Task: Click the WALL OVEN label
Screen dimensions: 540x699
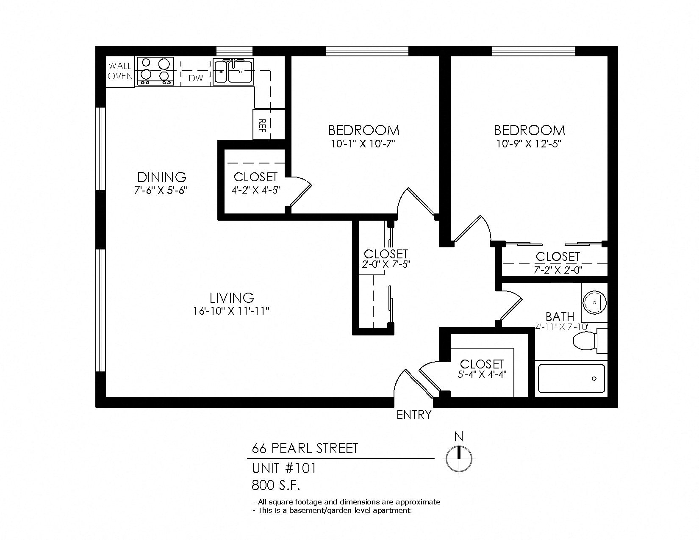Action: (120, 71)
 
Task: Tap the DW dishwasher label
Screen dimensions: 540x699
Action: (195, 78)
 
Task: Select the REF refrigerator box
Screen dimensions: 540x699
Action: (262, 124)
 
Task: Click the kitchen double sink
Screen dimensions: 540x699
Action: (233, 72)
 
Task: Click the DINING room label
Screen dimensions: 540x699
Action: (161, 177)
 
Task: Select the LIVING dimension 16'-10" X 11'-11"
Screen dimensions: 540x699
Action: (231, 311)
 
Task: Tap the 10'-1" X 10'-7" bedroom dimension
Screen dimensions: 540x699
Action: (363, 144)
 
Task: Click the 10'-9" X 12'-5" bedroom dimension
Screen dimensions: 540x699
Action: (529, 144)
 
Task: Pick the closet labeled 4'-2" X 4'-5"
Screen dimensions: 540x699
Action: (255, 183)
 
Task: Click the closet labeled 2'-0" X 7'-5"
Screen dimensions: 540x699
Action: (386, 259)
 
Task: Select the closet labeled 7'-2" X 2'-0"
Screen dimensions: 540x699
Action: (558, 263)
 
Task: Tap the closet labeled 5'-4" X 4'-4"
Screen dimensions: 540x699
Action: (482, 369)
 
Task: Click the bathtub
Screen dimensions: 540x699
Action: (571, 379)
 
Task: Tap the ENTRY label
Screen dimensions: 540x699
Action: (414, 415)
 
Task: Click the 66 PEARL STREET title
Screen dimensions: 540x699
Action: (305, 448)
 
